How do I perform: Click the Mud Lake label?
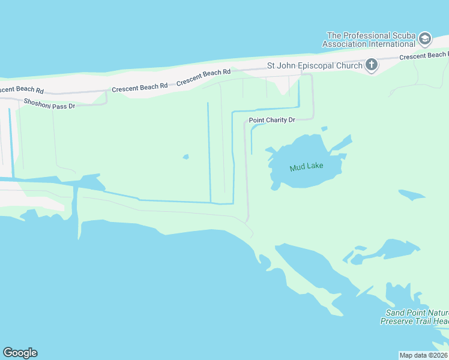click(x=306, y=167)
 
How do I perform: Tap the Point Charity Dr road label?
click(x=272, y=120)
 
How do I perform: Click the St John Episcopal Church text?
click(x=315, y=65)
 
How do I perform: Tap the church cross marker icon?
click(x=372, y=64)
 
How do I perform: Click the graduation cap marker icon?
click(x=425, y=39)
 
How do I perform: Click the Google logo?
click(x=20, y=353)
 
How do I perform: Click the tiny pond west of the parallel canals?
click(x=185, y=157)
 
